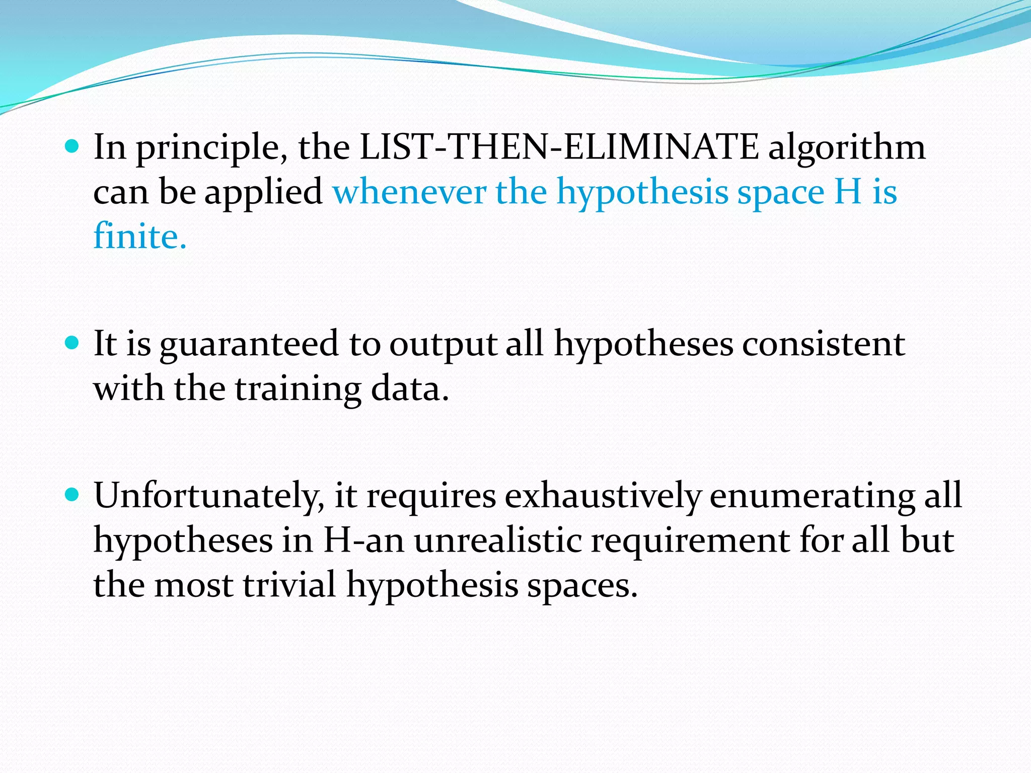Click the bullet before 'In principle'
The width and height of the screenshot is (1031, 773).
[72, 146]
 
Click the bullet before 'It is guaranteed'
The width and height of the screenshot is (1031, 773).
[72, 343]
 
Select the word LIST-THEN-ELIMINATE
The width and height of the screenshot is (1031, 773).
[559, 147]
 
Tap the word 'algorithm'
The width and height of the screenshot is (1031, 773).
[847, 148]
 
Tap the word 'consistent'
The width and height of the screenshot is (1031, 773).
[824, 344]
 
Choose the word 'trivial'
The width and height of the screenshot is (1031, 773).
[289, 585]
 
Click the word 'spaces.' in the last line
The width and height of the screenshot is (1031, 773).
[582, 586]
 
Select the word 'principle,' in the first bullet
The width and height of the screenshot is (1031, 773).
[212, 148]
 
